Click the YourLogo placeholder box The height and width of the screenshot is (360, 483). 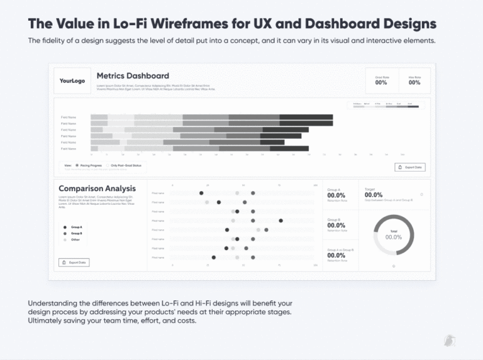[72, 81]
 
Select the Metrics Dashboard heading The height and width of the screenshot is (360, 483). [133, 76]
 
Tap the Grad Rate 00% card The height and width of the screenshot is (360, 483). [381, 80]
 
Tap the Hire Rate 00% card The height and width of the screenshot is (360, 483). [414, 80]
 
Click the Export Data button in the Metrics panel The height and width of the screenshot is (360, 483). [410, 167]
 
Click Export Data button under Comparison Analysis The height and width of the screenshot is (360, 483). [74, 262]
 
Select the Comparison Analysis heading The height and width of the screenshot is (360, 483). [97, 188]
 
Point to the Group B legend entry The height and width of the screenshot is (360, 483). [73, 233]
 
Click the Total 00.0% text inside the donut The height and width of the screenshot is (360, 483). [394, 236]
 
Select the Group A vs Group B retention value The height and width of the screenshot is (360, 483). [336, 255]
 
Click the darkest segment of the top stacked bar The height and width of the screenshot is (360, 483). [306, 117]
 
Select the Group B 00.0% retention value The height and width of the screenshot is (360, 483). [336, 225]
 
